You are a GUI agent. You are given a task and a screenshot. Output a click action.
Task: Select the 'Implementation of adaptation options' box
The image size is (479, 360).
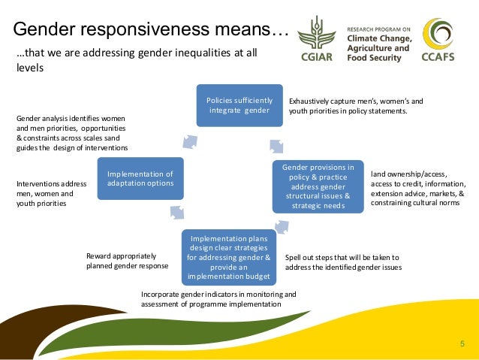pos(140,178)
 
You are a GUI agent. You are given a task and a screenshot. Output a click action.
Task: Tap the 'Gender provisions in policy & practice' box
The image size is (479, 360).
pos(318,186)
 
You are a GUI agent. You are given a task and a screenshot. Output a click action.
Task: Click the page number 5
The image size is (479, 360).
pos(462,344)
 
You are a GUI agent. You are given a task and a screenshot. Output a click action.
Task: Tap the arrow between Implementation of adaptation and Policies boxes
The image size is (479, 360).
pos(188,141)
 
